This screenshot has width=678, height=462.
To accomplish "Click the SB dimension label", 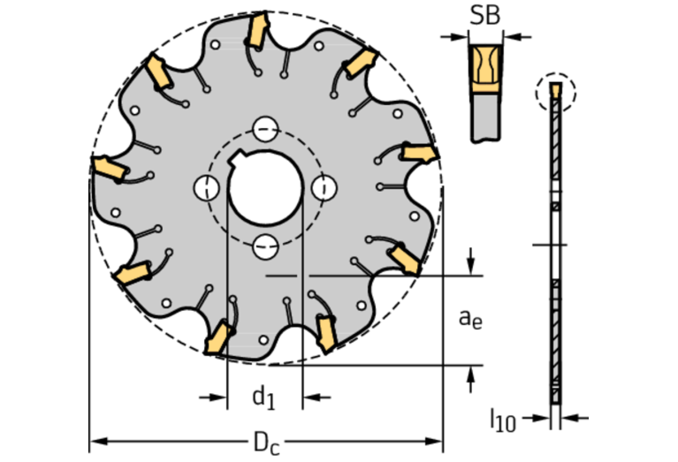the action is (484, 15).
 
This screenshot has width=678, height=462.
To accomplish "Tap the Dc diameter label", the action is (266, 443).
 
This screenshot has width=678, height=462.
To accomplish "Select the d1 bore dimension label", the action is (263, 397).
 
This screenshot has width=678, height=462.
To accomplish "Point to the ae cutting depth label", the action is (470, 319).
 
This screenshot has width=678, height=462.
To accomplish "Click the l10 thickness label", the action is (502, 420).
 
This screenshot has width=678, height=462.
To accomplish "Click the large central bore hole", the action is (265, 187).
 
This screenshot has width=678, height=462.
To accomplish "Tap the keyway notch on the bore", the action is (236, 159).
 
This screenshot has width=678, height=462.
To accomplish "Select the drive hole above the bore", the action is (265, 129).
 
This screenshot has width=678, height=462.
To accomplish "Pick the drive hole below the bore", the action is (265, 246).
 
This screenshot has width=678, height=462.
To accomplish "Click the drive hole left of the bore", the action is (206, 188).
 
